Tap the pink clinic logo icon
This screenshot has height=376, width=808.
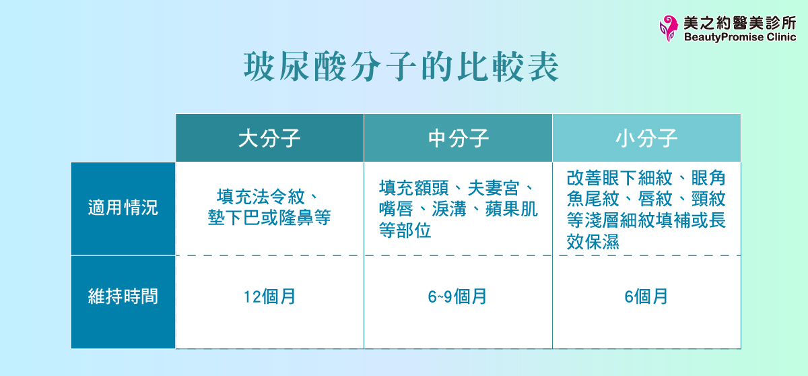tap(669, 28)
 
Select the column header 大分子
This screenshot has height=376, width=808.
tap(269, 139)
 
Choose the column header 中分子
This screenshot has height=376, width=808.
tap(458, 139)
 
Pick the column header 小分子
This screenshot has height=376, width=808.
tap(646, 139)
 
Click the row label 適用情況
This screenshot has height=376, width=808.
tap(123, 208)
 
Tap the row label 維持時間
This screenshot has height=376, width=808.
tap(123, 296)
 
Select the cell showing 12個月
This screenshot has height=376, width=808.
tap(269, 297)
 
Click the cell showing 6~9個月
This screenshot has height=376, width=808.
tap(458, 297)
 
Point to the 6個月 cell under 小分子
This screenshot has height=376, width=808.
tap(646, 297)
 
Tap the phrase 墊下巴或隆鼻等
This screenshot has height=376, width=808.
tap(269, 218)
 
